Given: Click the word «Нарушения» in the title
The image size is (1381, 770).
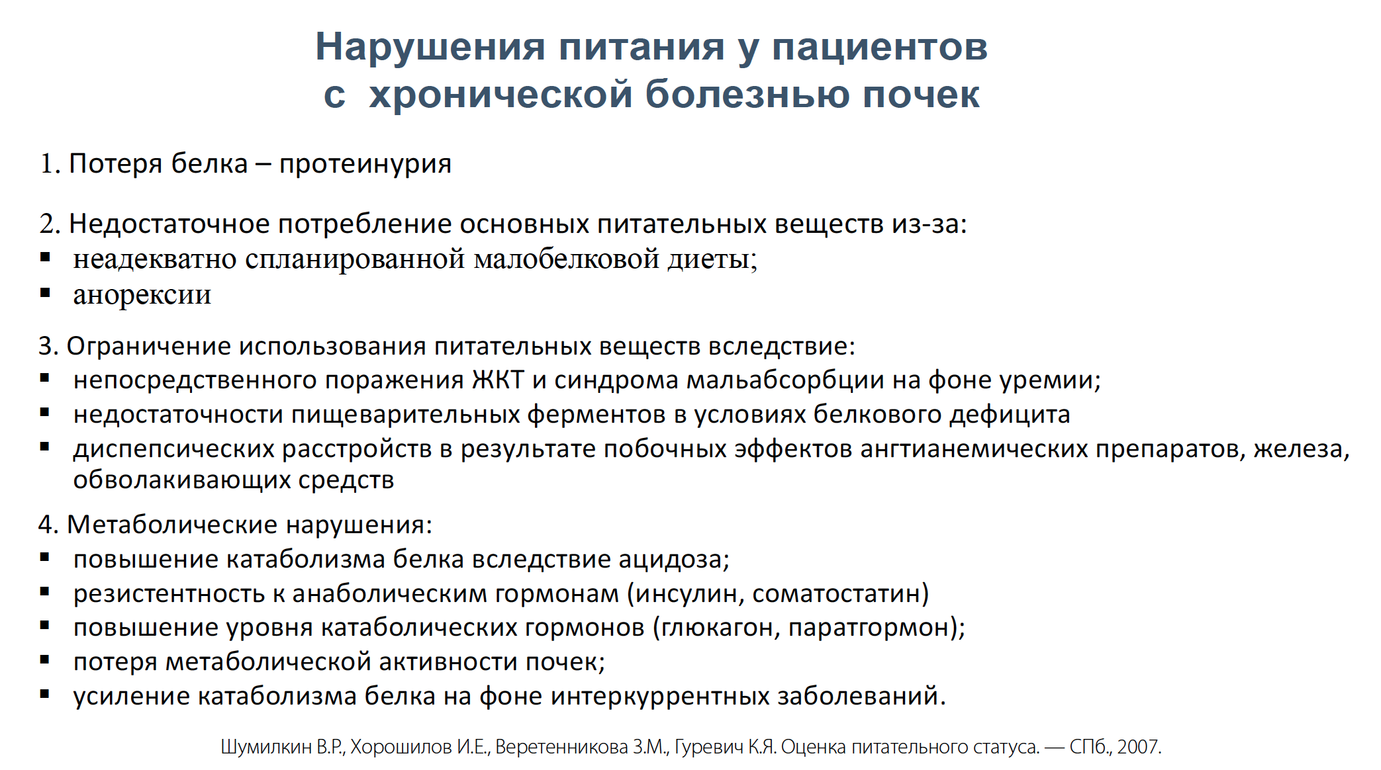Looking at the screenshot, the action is (430, 48).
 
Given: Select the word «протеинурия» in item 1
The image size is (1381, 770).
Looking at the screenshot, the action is (365, 164).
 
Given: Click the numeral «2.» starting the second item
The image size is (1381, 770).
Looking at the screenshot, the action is (50, 224).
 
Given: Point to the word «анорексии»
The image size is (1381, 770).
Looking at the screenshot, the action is (142, 294).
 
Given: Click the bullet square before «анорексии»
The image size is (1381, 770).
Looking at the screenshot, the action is (45, 292).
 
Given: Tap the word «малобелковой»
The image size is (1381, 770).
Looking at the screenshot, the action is (567, 259).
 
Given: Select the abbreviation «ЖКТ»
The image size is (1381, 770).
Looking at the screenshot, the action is (498, 380).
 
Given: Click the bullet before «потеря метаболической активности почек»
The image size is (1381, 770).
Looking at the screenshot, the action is (45, 660).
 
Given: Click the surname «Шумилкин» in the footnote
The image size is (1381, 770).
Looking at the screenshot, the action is (266, 747).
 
